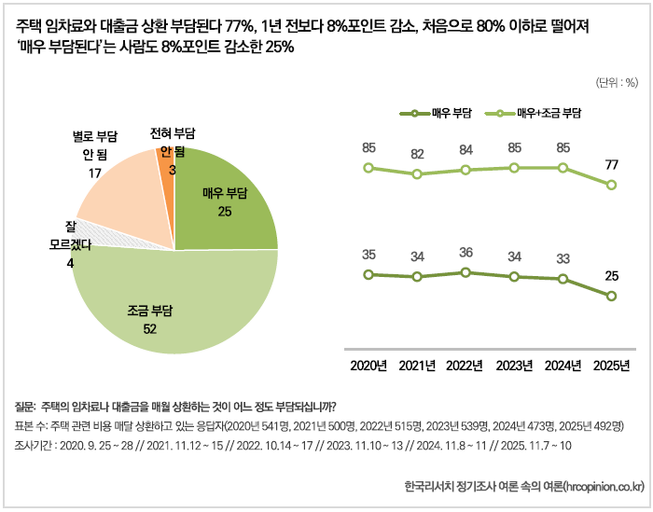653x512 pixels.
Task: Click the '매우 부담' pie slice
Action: coord(224,201)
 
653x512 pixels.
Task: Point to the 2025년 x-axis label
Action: coord(611,365)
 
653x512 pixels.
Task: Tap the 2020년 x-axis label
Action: coord(368,365)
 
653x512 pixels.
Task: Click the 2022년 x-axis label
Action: coord(465,365)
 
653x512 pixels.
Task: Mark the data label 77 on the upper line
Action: coord(611,165)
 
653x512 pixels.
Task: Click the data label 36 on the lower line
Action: coord(465,253)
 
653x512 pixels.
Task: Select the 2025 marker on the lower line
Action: coord(611,297)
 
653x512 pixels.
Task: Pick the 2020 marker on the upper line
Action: coord(368,168)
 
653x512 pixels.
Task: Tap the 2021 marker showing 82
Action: coord(417,174)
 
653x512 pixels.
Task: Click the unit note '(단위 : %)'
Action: coord(615,82)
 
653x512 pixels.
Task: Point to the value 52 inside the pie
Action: coord(149,329)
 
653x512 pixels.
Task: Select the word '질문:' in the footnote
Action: coord(25,407)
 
